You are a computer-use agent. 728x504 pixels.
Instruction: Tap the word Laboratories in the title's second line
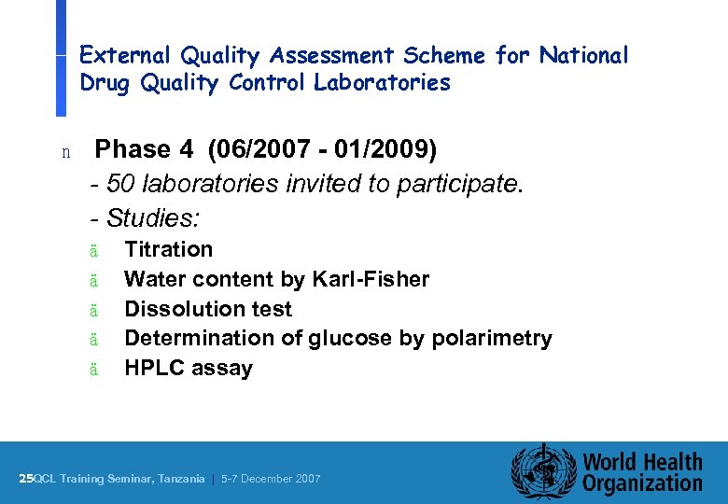(x=382, y=83)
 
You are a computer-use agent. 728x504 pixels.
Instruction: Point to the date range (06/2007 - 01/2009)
(x=322, y=149)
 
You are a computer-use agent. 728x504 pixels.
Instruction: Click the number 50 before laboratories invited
(x=120, y=184)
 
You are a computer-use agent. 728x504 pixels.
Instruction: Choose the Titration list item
(x=168, y=249)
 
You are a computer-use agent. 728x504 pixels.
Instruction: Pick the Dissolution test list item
(x=207, y=309)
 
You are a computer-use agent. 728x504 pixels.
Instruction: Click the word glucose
(x=349, y=338)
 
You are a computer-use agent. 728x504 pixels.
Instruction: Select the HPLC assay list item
(x=188, y=368)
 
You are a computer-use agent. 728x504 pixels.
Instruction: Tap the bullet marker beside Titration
(x=93, y=250)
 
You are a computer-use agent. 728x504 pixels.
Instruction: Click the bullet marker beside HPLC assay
(x=93, y=370)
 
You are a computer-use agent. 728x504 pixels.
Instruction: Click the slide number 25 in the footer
(x=25, y=479)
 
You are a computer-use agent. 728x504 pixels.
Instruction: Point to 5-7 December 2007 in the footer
(x=271, y=479)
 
